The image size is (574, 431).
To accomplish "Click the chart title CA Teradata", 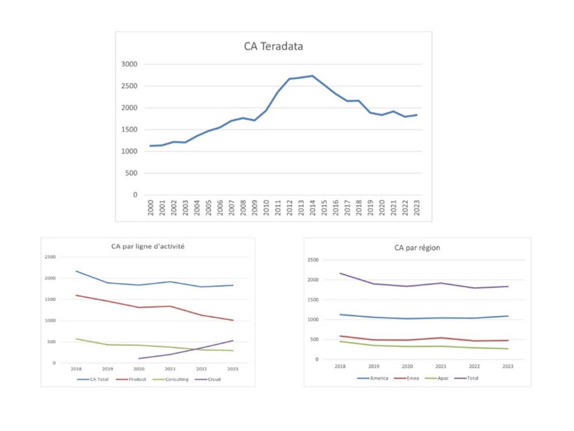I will (x=273, y=47).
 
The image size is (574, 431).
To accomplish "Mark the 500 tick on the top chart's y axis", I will (x=132, y=173).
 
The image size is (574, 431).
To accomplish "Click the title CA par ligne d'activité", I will (x=148, y=246).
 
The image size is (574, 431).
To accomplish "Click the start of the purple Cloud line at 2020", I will (x=139, y=358).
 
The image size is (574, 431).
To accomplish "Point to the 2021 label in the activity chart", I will (x=170, y=369).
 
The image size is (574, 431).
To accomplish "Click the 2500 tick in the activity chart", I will (x=51, y=257).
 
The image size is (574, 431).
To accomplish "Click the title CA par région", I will (x=416, y=248).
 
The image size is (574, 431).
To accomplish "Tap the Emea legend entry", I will (x=412, y=378).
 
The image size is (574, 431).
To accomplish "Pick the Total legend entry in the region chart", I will (x=472, y=378).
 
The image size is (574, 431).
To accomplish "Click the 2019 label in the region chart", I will (x=374, y=366).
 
